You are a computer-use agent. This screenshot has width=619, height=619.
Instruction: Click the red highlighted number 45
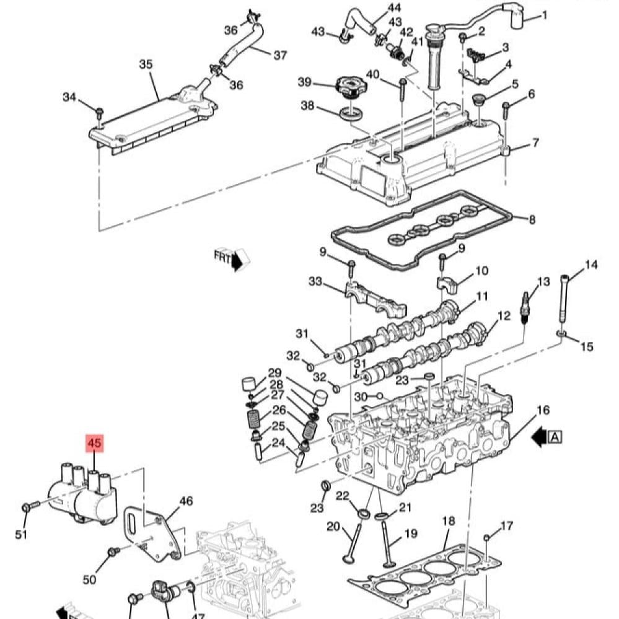point(94,443)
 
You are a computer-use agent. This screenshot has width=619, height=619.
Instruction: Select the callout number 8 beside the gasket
point(532,219)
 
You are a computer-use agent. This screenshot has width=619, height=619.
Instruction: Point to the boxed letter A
point(555,437)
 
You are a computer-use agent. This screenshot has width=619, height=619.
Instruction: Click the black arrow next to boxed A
point(540,437)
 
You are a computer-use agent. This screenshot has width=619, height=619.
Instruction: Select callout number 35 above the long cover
point(146,64)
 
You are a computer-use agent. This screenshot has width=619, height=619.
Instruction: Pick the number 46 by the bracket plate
point(186,501)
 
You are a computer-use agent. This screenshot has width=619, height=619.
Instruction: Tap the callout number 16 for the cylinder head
point(543,410)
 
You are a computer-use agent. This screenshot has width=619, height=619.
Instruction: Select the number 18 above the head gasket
point(449,521)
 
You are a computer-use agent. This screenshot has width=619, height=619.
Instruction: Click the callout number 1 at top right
point(545,15)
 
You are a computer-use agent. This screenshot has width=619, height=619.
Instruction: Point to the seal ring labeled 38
point(351,113)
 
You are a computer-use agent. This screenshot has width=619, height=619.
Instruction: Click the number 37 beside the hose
point(280,55)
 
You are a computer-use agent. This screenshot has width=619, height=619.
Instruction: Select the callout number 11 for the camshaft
point(482,296)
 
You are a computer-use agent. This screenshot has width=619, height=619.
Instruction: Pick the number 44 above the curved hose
point(394,8)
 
